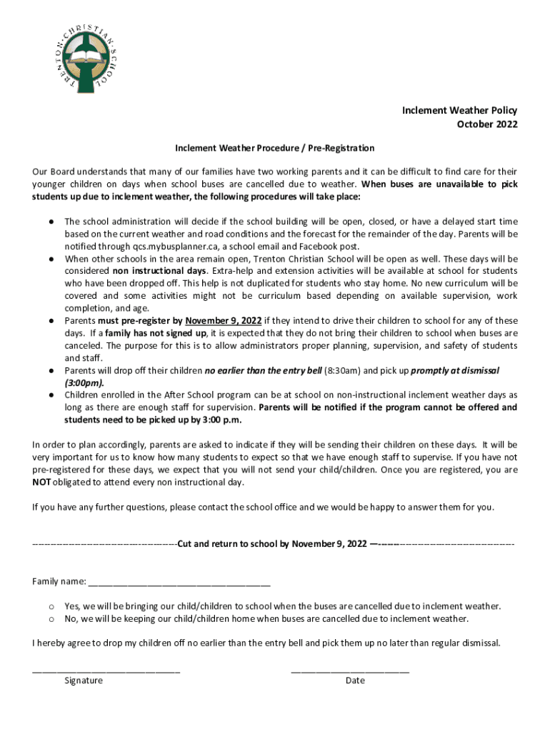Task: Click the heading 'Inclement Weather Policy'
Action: [459, 110]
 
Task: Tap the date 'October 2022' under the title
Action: [487, 124]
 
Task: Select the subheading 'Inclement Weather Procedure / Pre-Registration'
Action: [275, 148]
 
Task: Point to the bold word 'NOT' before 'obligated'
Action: [41, 482]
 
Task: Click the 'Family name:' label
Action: [59, 580]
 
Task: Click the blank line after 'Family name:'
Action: [179, 582]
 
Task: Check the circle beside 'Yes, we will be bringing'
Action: [51, 605]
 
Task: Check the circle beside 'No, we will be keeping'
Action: [51, 618]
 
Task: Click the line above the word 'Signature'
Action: [106, 671]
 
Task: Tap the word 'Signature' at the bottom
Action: [84, 681]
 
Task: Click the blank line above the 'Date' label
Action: [350, 671]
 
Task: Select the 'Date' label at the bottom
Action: [355, 681]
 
